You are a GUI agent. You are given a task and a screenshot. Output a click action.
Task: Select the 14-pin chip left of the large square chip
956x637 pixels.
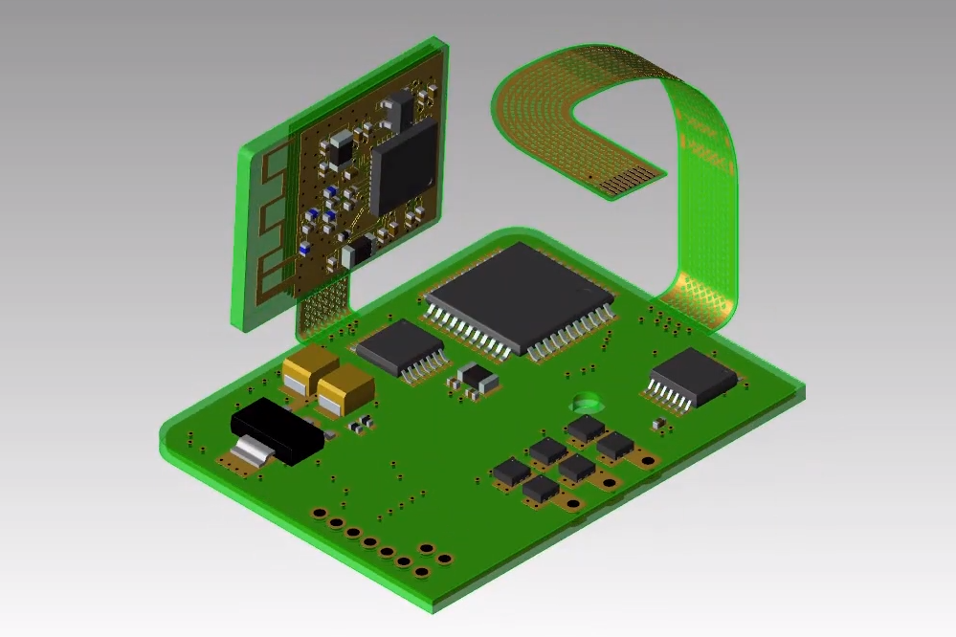(x=399, y=346)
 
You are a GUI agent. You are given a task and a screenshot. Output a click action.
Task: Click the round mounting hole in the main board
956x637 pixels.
(x=584, y=402)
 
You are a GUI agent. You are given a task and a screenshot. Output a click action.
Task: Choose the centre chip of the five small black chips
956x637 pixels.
(x=577, y=468)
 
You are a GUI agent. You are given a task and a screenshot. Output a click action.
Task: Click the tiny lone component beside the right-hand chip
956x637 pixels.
(x=657, y=423)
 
